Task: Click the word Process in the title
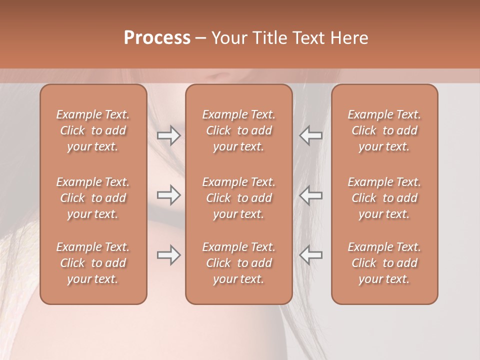click(157, 38)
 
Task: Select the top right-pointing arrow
click(169, 135)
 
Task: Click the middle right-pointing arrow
click(169, 195)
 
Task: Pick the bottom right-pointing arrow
click(169, 255)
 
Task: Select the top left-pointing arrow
click(310, 135)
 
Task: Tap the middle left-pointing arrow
click(310, 195)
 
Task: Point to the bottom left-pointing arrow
click(310, 255)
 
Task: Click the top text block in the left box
click(93, 130)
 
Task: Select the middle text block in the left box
click(93, 198)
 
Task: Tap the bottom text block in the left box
click(93, 263)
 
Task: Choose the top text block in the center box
click(238, 130)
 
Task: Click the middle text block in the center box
click(238, 198)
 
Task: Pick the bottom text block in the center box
click(238, 263)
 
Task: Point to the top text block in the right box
click(384, 130)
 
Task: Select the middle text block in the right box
click(384, 198)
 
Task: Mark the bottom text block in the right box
click(384, 263)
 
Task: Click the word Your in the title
click(227, 38)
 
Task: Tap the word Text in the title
click(309, 38)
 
